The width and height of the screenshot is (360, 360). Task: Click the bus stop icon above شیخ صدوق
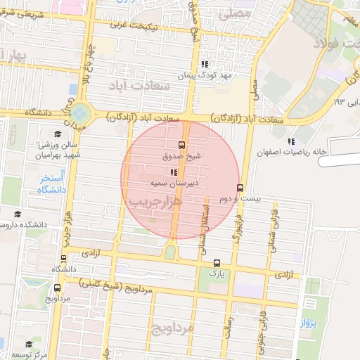(x=183, y=146)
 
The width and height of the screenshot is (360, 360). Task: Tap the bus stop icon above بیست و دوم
(x=240, y=188)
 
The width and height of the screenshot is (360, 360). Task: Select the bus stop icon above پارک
(x=216, y=262)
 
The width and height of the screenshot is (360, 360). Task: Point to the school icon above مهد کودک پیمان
(x=204, y=63)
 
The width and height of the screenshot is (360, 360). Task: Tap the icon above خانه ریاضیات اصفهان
(x=292, y=141)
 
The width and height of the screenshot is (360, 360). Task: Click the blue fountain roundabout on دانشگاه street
(x=80, y=112)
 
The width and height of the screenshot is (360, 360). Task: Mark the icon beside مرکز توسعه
(x=29, y=345)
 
